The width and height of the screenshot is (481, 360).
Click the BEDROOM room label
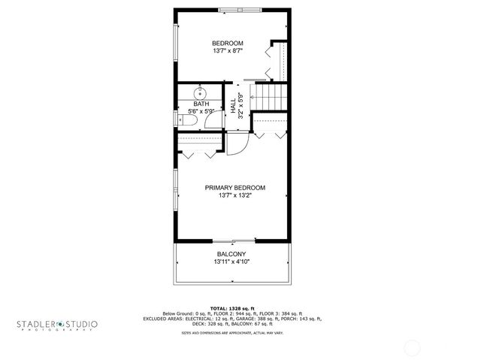pos(227,43)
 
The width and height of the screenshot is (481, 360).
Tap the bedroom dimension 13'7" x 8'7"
pos(227,51)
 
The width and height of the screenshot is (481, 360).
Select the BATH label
pos(201,104)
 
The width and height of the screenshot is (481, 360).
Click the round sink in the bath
pos(203,90)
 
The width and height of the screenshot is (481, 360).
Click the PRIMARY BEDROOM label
pos(235,187)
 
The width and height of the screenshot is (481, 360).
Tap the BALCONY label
pos(231,254)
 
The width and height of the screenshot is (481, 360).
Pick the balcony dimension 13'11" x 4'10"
pos(231,262)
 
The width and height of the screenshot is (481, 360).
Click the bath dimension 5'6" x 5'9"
pos(201,111)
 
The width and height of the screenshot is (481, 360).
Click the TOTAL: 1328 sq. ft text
pos(232,308)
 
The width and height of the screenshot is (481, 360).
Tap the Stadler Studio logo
pos(57,325)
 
